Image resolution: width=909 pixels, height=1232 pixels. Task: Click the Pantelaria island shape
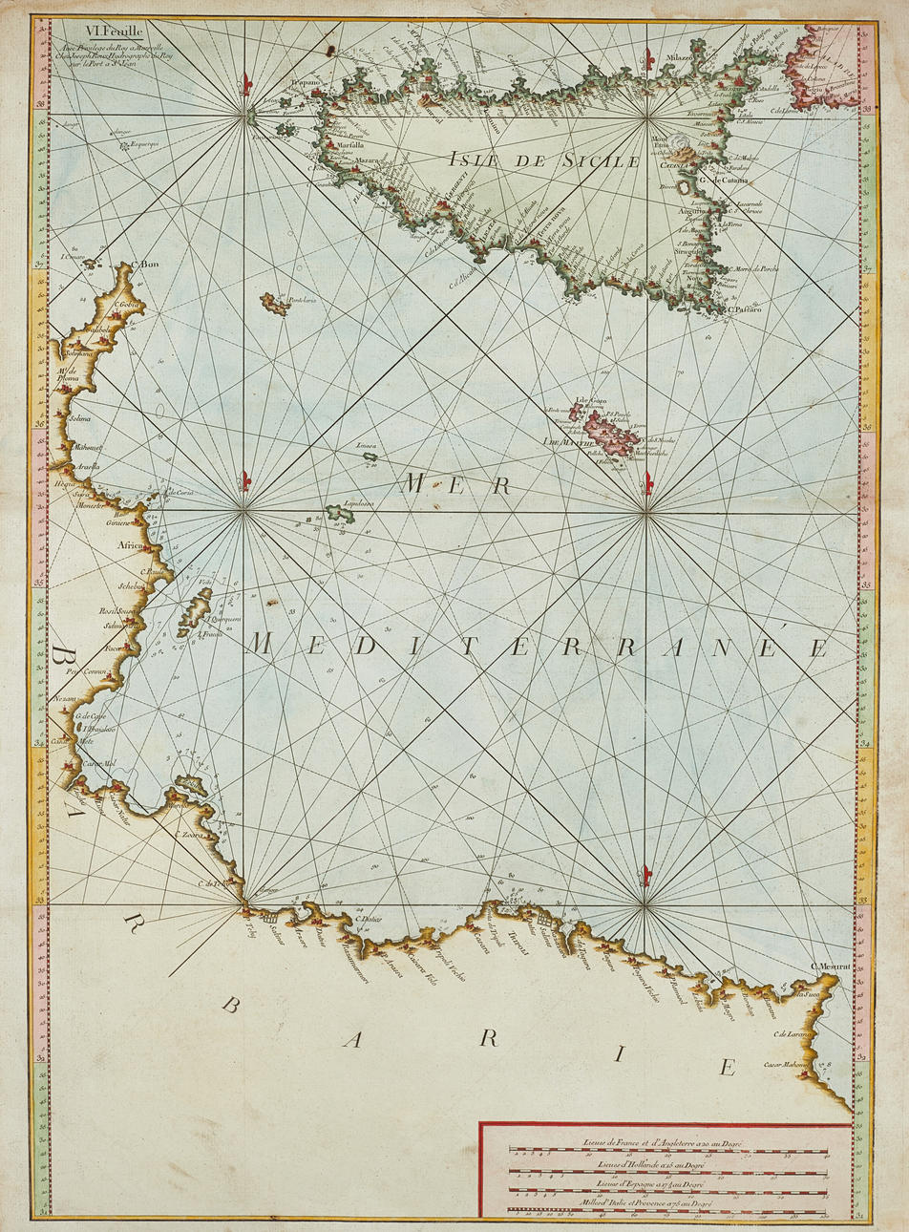pyautogui.click(x=274, y=305)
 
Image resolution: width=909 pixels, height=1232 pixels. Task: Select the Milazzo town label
pyautogui.click(x=673, y=58)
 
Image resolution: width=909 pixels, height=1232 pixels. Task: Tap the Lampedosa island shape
pyautogui.click(x=340, y=514)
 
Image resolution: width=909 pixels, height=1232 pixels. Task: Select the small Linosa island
pyautogui.click(x=369, y=457)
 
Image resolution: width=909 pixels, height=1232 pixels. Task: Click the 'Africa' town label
pyautogui.click(x=130, y=546)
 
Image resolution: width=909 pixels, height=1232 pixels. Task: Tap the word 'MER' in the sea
pyautogui.click(x=454, y=485)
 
